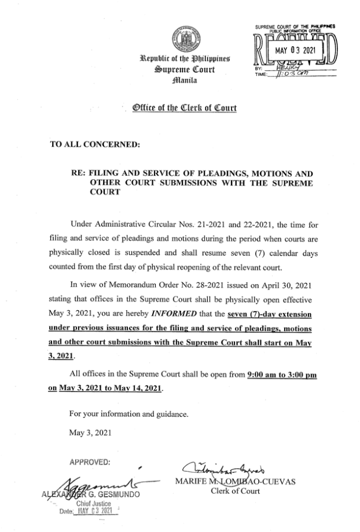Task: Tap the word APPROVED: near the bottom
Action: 89,462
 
